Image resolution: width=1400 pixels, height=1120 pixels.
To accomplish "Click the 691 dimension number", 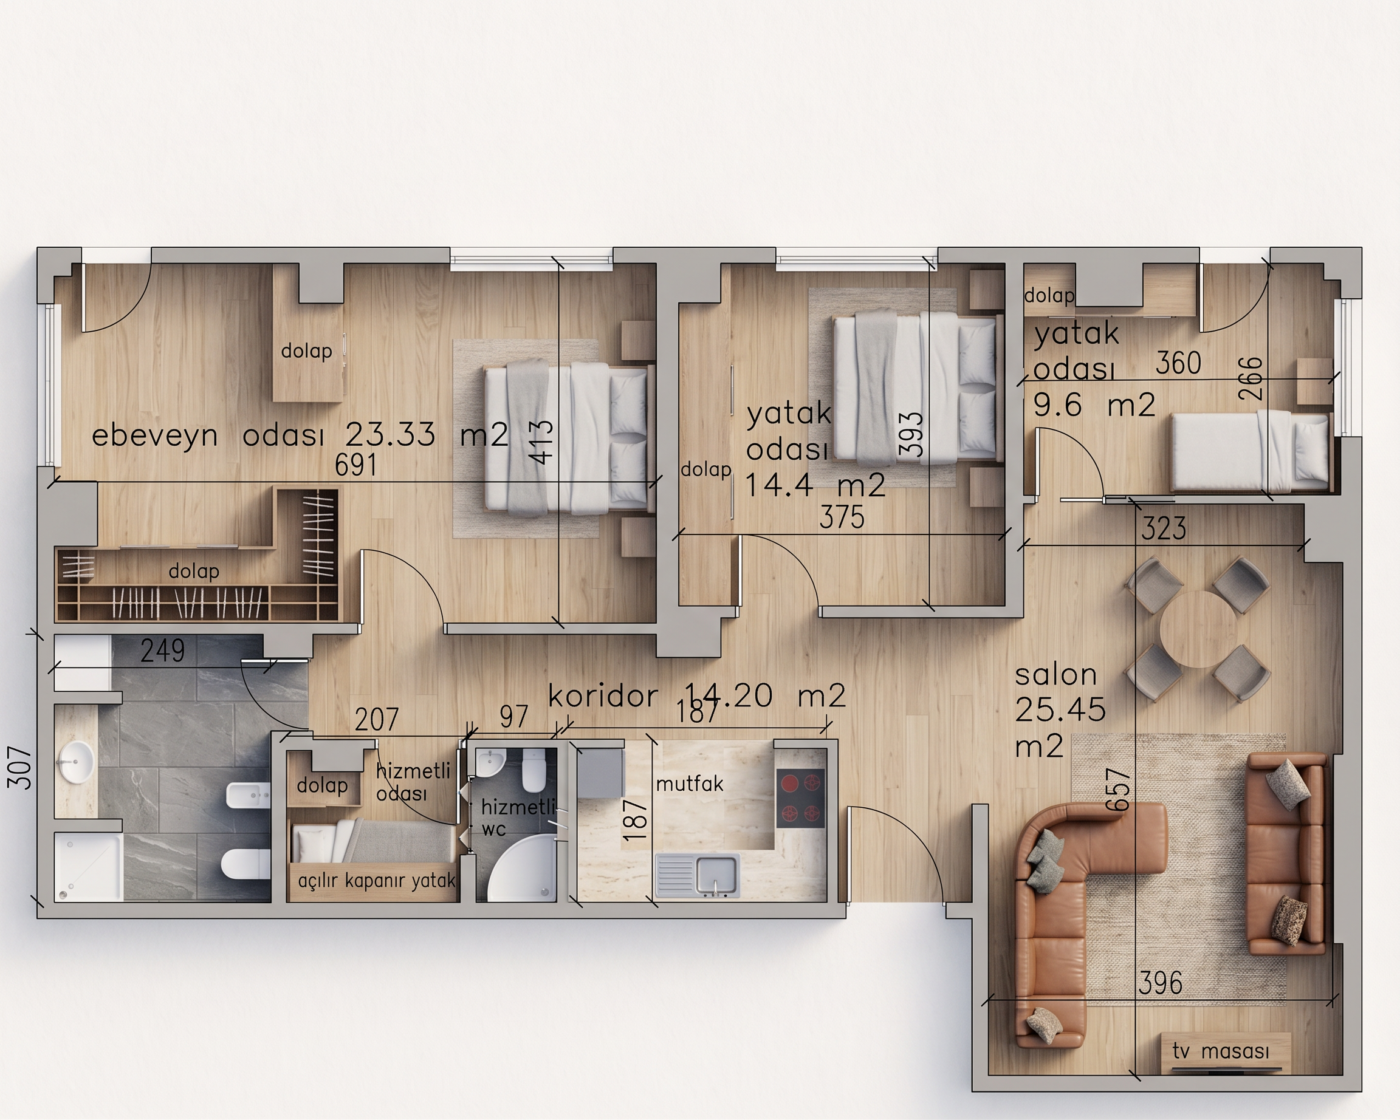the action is pos(356,465).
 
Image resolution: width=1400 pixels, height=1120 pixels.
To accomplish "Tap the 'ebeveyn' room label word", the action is pos(154,435).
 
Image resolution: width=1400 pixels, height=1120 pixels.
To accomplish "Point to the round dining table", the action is pos(1198,629).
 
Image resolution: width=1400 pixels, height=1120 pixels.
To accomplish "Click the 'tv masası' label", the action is pos(1221,1051).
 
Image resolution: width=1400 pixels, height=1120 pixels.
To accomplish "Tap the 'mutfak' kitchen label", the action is pos(690,784).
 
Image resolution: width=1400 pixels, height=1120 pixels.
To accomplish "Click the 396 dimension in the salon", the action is pos(1161,984).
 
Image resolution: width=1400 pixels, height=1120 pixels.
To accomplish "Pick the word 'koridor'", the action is pos(603,695).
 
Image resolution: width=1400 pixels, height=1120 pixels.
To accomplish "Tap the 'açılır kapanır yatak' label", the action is pos(377,881).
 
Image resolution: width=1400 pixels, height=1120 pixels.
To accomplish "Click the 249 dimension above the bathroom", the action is pos(162,650).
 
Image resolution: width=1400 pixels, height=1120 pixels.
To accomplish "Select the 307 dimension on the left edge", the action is pos(20,768).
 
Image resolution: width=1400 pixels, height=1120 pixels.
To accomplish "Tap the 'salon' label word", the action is pos(1056,675).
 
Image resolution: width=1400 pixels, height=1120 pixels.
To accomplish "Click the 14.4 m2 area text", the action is pos(815,485).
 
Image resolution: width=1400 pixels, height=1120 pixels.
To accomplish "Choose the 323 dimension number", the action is pos(1164,529).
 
